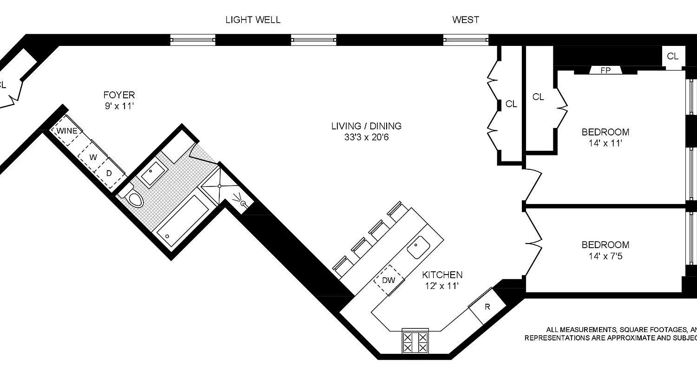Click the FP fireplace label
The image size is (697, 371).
pyautogui.click(x=605, y=70)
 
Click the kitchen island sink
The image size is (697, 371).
pyautogui.click(x=418, y=246)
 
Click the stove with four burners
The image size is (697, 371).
pyautogui.click(x=415, y=342)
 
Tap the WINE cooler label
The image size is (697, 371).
pyautogui.click(x=67, y=131)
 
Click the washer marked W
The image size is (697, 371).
pyautogui.click(x=93, y=157)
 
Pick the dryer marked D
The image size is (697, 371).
pyautogui.click(x=109, y=173)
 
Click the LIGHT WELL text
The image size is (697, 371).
pyautogui.click(x=253, y=20)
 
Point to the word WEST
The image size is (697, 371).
pyautogui.click(x=466, y=20)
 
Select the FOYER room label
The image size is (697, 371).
pyautogui.click(x=119, y=95)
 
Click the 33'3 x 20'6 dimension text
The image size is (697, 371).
pyautogui.click(x=366, y=137)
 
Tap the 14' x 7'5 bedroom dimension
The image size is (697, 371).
pyautogui.click(x=605, y=256)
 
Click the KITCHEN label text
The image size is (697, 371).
pyautogui.click(x=442, y=275)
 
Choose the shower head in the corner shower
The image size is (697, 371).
pyautogui.click(x=243, y=203)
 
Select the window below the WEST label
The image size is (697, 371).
pyautogui.click(x=466, y=40)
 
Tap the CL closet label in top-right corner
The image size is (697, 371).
pyautogui.click(x=672, y=57)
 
